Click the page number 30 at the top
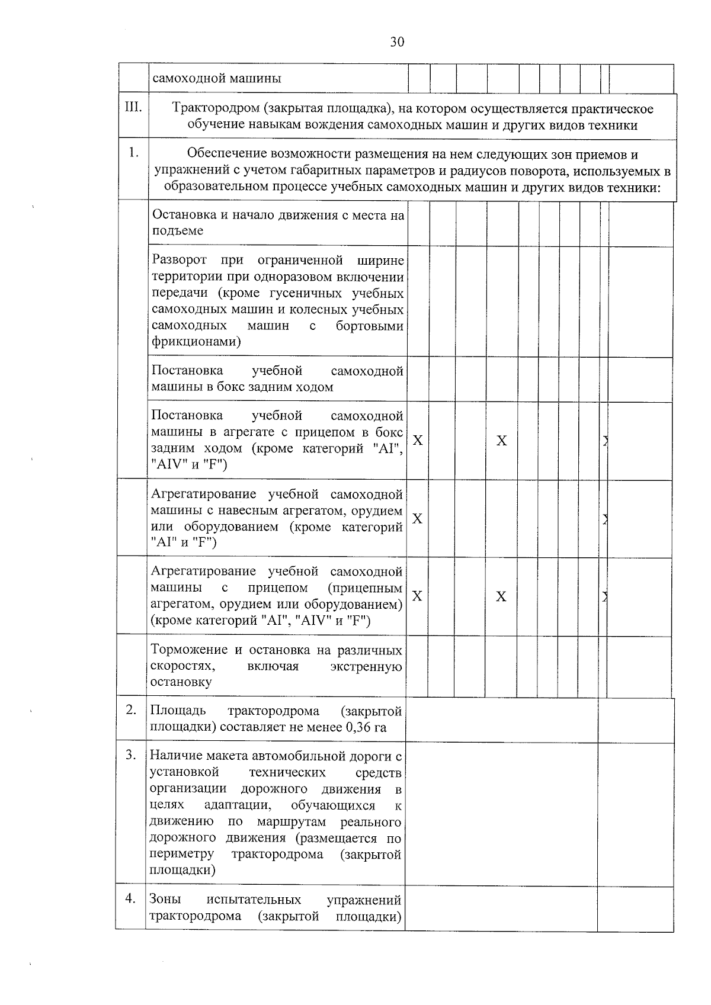pos(397,42)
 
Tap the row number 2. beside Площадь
pos(132,709)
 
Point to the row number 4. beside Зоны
pos(131,898)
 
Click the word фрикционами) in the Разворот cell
pos(196,342)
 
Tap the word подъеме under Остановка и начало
pos(178,231)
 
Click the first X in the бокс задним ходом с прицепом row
pos(418,441)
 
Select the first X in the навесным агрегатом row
pos(417,519)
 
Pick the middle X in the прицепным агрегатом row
pos(501,596)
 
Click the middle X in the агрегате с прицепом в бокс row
pos(502,441)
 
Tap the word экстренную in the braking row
pos(366,666)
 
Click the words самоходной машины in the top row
pos(217,78)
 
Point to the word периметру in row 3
pos(181,854)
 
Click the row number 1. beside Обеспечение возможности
pos(134,152)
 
